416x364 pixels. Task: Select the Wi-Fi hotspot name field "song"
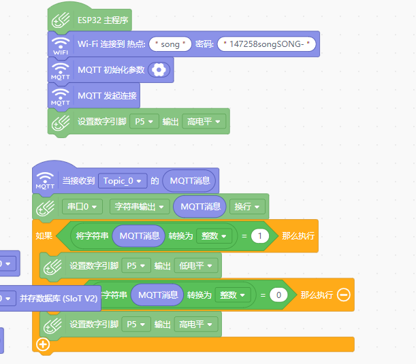(x=170, y=44)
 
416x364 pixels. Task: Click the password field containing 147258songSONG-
(x=267, y=44)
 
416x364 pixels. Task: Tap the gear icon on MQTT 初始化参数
(x=159, y=69)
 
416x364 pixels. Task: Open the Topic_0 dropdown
(x=123, y=181)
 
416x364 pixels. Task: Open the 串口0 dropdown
(x=82, y=206)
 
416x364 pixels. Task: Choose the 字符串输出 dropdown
(x=139, y=206)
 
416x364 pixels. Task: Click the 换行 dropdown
(x=246, y=206)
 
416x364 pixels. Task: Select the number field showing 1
(x=259, y=236)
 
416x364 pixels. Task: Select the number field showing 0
(x=278, y=295)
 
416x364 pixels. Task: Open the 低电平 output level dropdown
(x=195, y=265)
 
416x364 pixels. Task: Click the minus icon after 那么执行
(x=343, y=295)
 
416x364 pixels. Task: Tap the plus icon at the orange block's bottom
(x=44, y=344)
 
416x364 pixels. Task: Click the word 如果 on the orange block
(x=44, y=236)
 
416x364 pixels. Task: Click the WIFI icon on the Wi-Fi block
(x=61, y=45)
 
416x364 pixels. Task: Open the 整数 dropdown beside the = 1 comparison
(x=214, y=236)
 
